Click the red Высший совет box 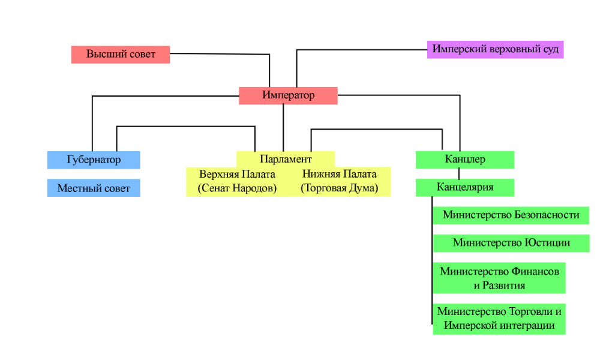[x=121, y=55]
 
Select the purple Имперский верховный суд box [x=495, y=50]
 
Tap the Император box [x=288, y=95]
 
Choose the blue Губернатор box [x=94, y=160]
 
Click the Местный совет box [x=94, y=188]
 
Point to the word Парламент [x=286, y=159]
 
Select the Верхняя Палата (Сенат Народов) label [x=237, y=181]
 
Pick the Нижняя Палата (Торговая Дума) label [x=340, y=181]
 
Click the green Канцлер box [x=465, y=160]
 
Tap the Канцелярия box [x=465, y=187]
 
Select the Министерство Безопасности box [x=511, y=215]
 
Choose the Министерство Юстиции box [x=511, y=243]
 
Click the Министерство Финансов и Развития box [x=499, y=278]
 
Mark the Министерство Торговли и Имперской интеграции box [x=499, y=319]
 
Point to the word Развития [x=503, y=286]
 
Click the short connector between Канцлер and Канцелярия [x=459, y=173]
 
